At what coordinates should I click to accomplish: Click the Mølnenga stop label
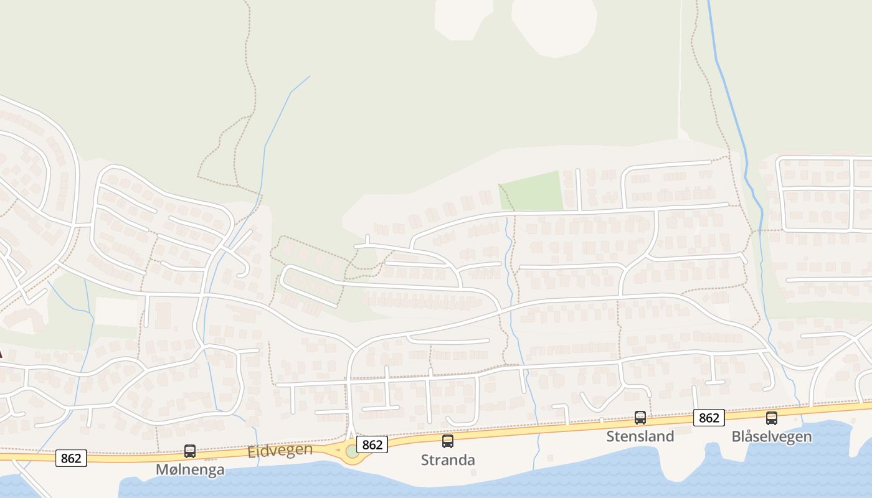[x=190, y=469]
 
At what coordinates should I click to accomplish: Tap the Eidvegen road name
[x=280, y=450]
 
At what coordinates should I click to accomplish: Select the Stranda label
[x=448, y=460]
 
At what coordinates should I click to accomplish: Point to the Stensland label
[x=640, y=436]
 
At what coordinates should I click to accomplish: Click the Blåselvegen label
[x=772, y=436]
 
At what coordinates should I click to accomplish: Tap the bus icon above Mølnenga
[x=190, y=451]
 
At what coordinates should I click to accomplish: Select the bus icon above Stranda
[x=448, y=441]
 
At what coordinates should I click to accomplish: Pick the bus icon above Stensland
[x=640, y=418]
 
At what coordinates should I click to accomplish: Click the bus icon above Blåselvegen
[x=772, y=418]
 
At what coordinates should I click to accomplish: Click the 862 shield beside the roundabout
[x=372, y=444]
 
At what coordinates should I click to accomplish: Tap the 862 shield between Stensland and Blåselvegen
[x=709, y=418]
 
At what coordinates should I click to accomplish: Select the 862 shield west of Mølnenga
[x=71, y=458]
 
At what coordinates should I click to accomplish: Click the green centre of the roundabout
[x=353, y=451]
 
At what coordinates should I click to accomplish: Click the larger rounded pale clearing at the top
[x=553, y=25]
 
